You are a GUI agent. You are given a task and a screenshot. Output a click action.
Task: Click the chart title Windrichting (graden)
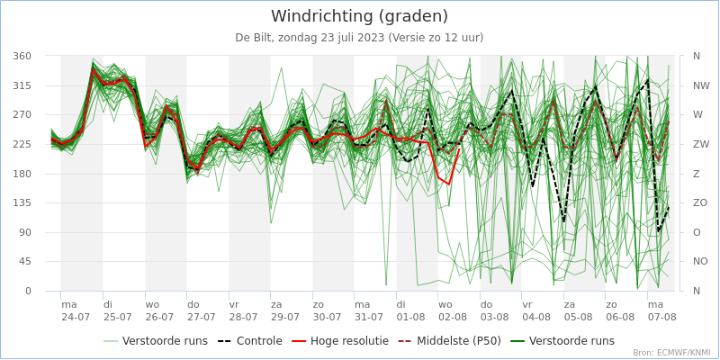tap(359, 16)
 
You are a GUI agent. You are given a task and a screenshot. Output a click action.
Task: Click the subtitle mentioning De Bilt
tap(359, 38)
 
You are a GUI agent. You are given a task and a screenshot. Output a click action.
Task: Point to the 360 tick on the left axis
tap(22, 57)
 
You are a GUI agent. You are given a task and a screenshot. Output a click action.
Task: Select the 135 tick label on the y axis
tap(22, 203)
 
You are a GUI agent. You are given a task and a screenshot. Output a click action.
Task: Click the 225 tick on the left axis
tap(22, 145)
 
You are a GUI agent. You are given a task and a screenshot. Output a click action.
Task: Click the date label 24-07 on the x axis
tap(76, 317)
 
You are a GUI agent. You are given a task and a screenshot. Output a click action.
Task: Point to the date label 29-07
tap(285, 317)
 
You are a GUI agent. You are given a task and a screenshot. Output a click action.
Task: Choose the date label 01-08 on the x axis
tap(411, 317)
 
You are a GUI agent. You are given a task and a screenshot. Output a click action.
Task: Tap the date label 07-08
tap(661, 317)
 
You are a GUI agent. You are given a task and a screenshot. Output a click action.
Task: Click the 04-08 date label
tap(536, 317)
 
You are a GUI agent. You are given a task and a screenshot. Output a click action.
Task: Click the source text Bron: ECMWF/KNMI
tap(670, 353)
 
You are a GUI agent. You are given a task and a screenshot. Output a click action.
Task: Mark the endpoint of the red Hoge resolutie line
tap(459, 149)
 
